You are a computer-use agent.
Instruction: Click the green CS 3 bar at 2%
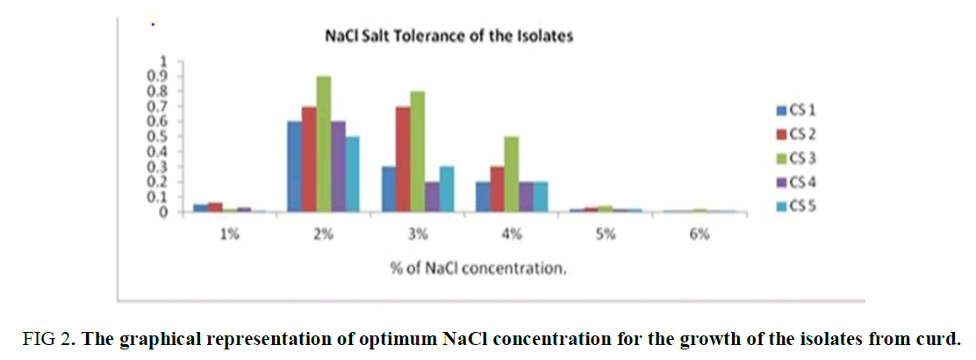coord(323,144)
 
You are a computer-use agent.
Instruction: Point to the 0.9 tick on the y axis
coord(159,76)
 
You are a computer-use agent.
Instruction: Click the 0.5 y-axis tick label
coord(159,136)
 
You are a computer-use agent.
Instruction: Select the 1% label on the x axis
coord(229,234)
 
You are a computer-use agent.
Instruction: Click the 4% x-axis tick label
coord(512,234)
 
